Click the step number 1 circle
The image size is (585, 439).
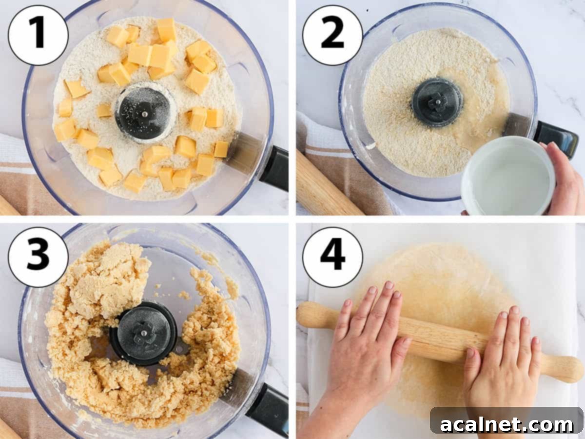point(38,35)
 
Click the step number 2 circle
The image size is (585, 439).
point(332,35)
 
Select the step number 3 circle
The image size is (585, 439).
point(38,257)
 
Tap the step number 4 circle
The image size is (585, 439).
point(332,257)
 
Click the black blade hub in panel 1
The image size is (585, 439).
point(144,113)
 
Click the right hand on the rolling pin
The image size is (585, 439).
point(502,356)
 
